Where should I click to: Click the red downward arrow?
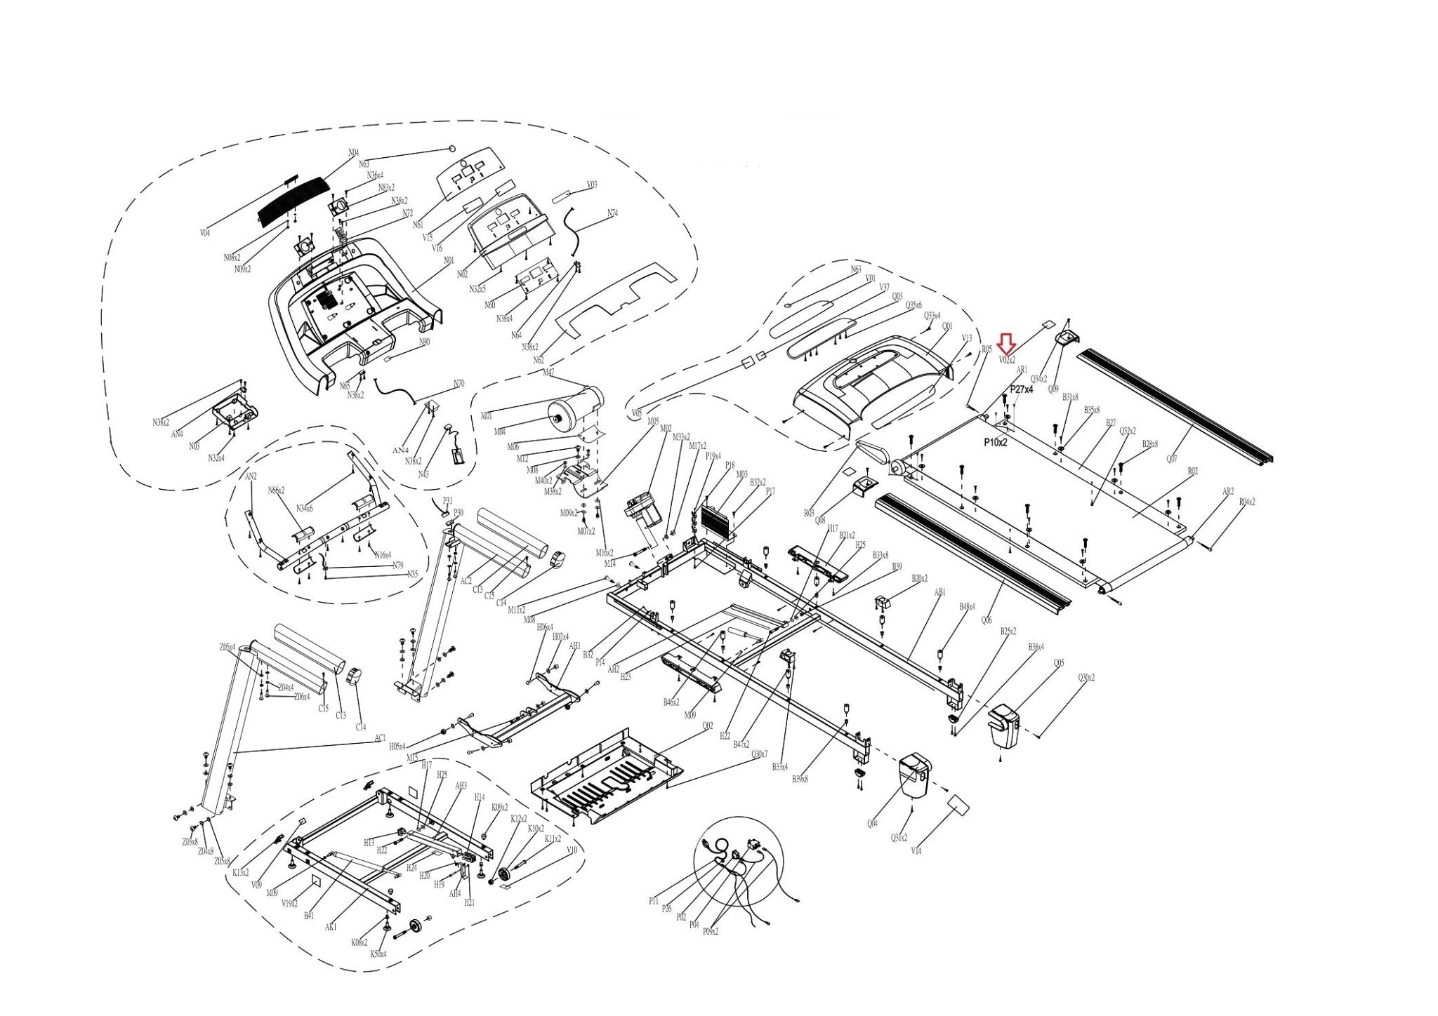coord(1007,343)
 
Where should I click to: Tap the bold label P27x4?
coord(1022,389)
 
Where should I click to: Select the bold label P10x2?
coord(996,442)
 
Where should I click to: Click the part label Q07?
coord(1171,459)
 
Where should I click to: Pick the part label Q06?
coord(987,620)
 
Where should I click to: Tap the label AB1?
coord(940,592)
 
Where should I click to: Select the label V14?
coord(916,850)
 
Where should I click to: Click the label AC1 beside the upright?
coord(380,738)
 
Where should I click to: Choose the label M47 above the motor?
coord(548,372)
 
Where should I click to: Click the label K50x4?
coord(378,954)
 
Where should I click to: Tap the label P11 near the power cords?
coord(654,901)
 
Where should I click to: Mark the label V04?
coord(204,232)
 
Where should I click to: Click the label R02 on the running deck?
coord(1192,472)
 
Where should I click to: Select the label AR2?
coord(1227,491)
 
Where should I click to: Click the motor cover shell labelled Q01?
coord(878,379)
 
